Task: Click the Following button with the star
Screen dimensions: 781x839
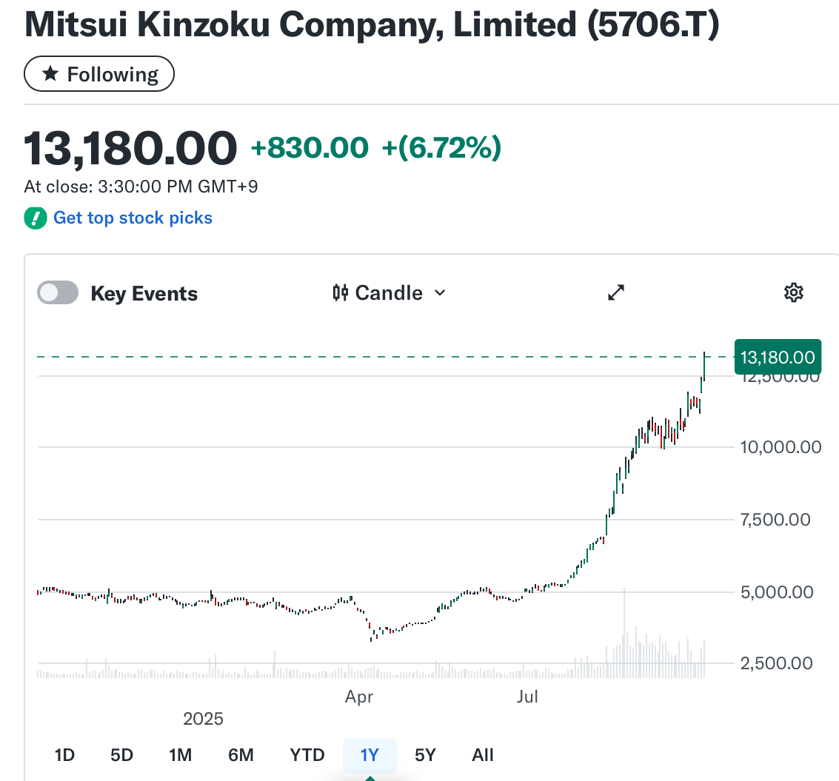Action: point(99,75)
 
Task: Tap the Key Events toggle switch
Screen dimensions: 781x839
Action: point(58,293)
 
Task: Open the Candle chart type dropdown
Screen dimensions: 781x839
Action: point(390,293)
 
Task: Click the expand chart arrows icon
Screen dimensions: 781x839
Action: point(616,293)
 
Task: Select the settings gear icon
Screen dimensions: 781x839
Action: point(793,293)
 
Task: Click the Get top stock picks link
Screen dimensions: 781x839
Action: point(133,218)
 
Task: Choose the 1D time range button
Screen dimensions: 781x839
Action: point(65,755)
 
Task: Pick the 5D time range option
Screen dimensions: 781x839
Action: point(121,755)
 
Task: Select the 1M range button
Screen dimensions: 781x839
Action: point(180,755)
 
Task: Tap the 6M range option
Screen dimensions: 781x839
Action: point(241,755)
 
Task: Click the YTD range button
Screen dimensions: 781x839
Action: point(307,755)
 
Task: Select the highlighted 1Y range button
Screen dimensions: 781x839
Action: point(370,755)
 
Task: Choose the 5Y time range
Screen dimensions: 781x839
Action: point(425,755)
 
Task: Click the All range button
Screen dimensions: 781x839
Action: point(483,755)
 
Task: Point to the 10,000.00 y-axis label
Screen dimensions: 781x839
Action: point(781,447)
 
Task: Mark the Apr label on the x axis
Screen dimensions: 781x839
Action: point(359,697)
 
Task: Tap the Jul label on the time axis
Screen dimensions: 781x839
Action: point(527,697)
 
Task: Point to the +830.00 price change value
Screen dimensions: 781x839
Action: point(310,148)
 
